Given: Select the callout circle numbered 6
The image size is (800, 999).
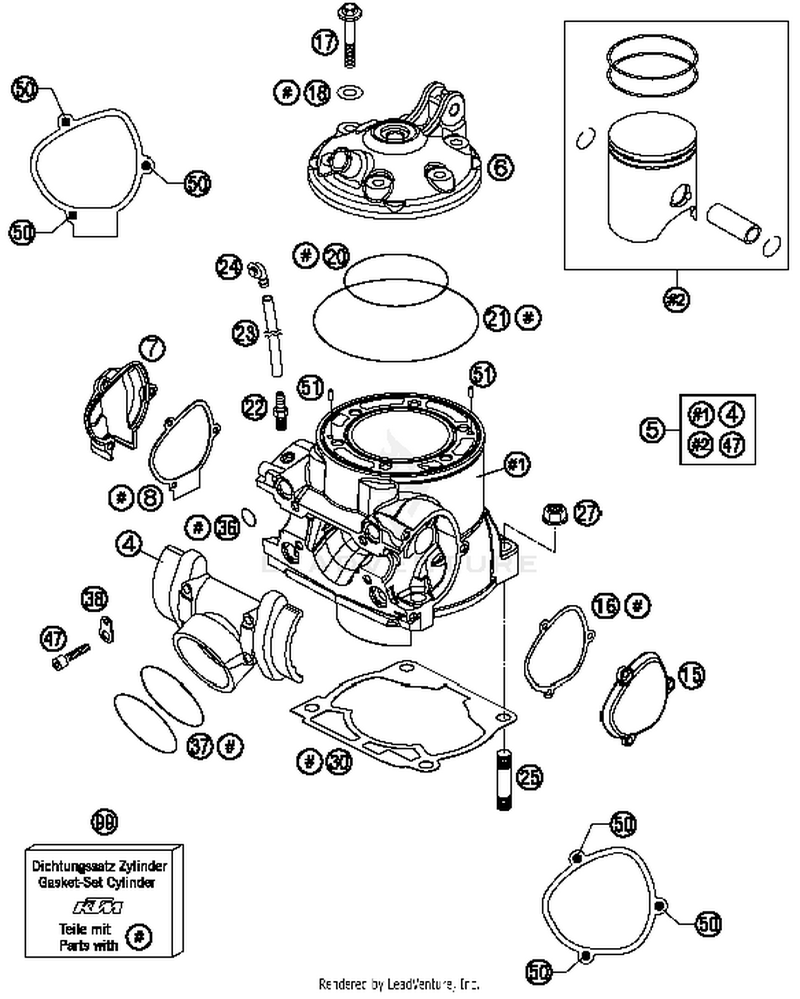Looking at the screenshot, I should (x=500, y=167).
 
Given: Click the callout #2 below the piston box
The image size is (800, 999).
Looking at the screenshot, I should (x=676, y=299).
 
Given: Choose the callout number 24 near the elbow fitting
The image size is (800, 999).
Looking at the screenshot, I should (x=229, y=266).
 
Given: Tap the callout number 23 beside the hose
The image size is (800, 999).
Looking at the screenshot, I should (x=245, y=334).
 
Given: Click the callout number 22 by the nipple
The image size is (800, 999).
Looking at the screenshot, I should (x=254, y=407).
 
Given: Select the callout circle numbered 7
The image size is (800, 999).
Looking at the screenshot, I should (x=153, y=349).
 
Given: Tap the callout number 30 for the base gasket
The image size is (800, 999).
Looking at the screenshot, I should (x=339, y=762).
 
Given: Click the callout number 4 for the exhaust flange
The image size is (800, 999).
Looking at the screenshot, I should (x=129, y=544).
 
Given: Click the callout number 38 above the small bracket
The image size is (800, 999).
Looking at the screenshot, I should (x=94, y=599).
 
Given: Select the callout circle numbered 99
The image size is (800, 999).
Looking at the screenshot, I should (x=105, y=823).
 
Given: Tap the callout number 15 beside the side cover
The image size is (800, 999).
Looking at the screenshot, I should (x=691, y=675).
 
